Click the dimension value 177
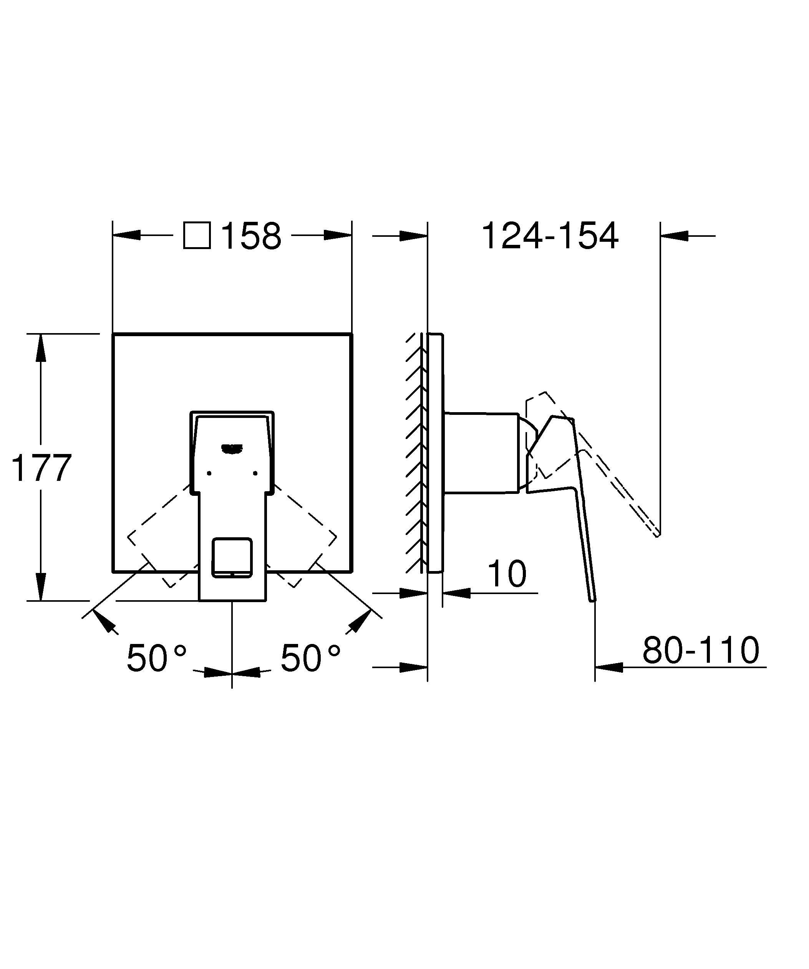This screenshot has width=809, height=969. coord(41,468)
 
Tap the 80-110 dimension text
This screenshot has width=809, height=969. coord(701,650)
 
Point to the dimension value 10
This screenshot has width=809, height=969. coord(507,574)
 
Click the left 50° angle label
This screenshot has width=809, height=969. coord(156,658)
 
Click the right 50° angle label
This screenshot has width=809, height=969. coord(310,658)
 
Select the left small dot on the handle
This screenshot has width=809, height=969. coord(209,473)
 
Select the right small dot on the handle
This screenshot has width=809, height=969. coord(255,473)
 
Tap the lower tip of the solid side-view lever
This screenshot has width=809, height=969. coord(592,599)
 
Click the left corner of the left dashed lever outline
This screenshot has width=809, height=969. coord(128,537)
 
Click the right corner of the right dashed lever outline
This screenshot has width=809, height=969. coord(336,537)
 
